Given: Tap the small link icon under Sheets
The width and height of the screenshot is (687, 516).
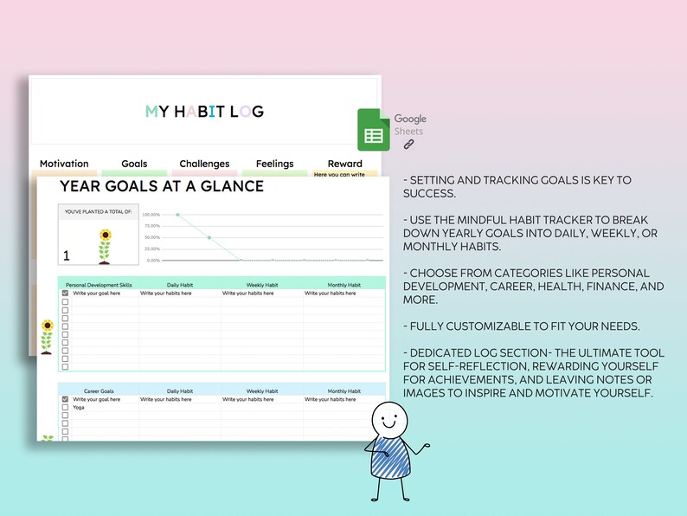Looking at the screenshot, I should pyautogui.click(x=409, y=145).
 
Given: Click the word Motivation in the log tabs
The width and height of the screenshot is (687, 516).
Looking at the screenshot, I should pyautogui.click(x=64, y=164).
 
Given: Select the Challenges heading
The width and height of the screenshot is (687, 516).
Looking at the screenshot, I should pyautogui.click(x=204, y=164).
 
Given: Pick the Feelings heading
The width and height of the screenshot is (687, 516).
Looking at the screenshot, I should pyautogui.click(x=274, y=164).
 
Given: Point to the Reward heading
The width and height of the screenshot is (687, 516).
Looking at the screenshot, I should pyautogui.click(x=344, y=164).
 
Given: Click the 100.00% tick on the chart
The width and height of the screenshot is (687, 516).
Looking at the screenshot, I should pyautogui.click(x=151, y=214).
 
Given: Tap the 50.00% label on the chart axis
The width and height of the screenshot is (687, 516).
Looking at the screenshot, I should pyautogui.click(x=151, y=237).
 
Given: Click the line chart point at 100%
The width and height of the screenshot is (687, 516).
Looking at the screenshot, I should pyautogui.click(x=177, y=214).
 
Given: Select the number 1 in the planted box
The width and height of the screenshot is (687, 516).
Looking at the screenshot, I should pyautogui.click(x=67, y=255).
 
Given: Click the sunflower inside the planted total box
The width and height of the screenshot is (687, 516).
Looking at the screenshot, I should pyautogui.click(x=106, y=245).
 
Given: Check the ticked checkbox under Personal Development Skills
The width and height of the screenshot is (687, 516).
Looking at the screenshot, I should pyautogui.click(x=65, y=293).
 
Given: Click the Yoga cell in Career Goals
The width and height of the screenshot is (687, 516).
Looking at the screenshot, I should pyautogui.click(x=80, y=408).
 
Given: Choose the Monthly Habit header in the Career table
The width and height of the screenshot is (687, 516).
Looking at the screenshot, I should pyautogui.click(x=343, y=390).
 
